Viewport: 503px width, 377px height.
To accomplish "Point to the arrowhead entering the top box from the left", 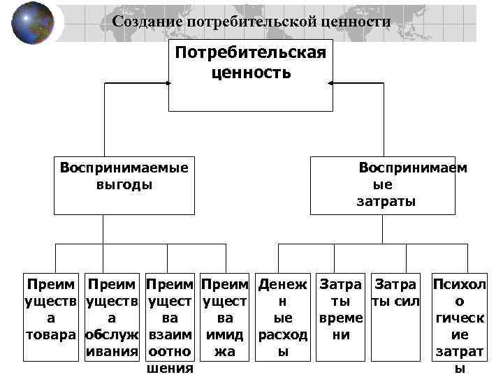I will pyautogui.click(x=168, y=83).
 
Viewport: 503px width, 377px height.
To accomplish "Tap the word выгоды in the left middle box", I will pyautogui.click(x=124, y=185).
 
